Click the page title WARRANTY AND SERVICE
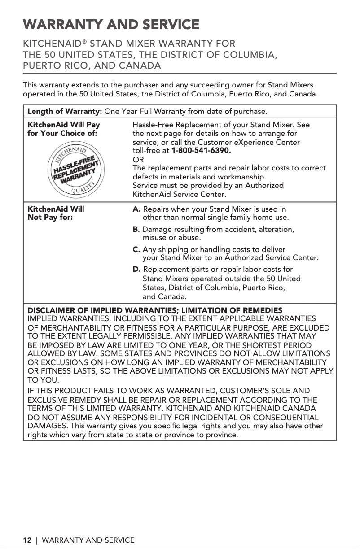tap(111, 24)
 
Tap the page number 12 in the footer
tap(27, 540)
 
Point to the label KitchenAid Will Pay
tap(64, 125)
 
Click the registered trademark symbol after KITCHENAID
tap(85, 43)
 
